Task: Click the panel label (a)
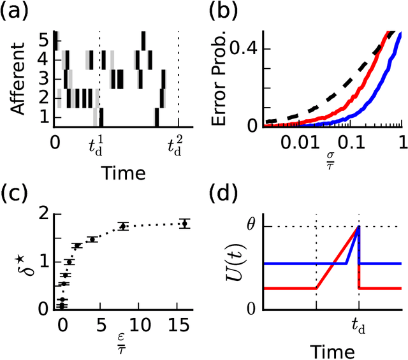coord(17,13)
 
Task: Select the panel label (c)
coord(17,193)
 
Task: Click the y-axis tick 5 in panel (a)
coord(43,40)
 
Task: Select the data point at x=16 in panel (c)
coord(185,224)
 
